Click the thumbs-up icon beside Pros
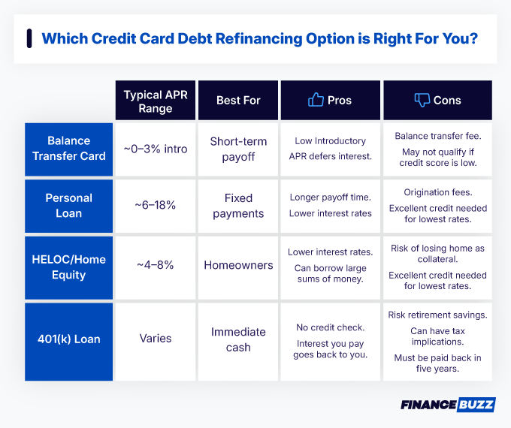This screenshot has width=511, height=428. coord(316,100)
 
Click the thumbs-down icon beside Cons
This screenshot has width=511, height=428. coord(422,100)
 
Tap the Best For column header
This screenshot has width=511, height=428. coord(238,100)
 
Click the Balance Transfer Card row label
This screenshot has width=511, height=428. coord(68,148)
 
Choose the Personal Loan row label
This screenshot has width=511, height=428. coord(68,206)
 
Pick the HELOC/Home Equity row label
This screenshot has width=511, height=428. coord(68,267)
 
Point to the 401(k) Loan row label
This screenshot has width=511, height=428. coord(68,339)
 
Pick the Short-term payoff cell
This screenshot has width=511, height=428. coord(238,149)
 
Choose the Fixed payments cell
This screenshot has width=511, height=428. coord(238,206)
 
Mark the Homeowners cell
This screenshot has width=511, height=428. coord(238,265)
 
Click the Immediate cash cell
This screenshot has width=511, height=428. coord(238,339)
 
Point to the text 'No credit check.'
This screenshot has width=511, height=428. coord(331,327)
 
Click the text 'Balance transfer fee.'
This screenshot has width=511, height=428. coord(437,136)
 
